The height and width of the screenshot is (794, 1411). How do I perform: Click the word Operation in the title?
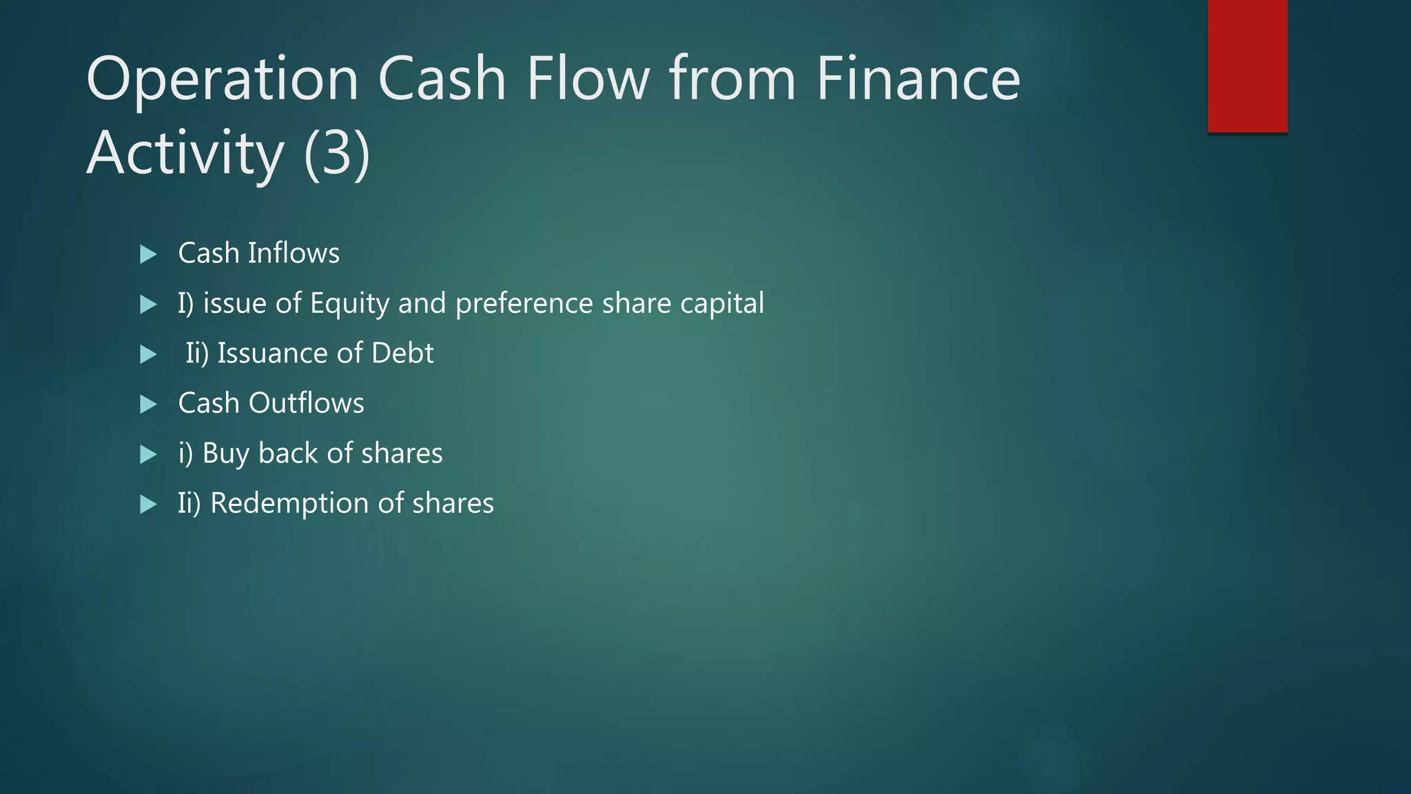pyautogui.click(x=223, y=79)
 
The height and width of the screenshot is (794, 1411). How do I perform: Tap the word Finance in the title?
pyautogui.click(x=918, y=79)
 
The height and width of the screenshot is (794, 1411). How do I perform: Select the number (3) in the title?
pyautogui.click(x=337, y=153)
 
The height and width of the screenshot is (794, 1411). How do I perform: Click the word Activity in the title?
pyautogui.click(x=185, y=153)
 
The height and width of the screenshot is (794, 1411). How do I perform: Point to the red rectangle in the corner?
pyautogui.click(x=1247, y=65)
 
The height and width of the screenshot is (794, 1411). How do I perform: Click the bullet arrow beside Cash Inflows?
pyautogui.click(x=148, y=254)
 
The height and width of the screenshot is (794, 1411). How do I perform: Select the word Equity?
pyautogui.click(x=349, y=304)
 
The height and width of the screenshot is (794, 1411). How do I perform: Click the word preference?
pyautogui.click(x=524, y=304)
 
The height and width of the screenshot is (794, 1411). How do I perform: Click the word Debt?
pyautogui.click(x=402, y=353)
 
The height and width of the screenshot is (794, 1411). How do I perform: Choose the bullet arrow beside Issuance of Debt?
pyautogui.click(x=148, y=354)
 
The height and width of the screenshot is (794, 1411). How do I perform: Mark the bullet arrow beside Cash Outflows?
pyautogui.click(x=148, y=404)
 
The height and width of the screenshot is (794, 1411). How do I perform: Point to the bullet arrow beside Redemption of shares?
pyautogui.click(x=148, y=505)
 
